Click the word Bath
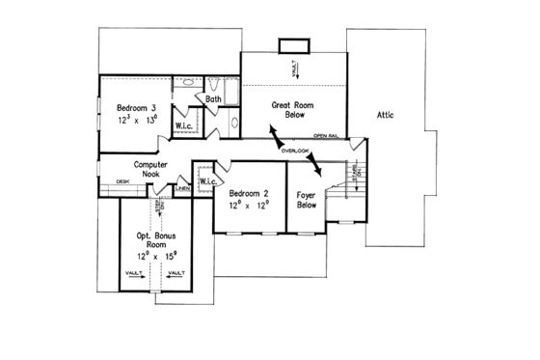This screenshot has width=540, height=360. pyautogui.click(x=214, y=98)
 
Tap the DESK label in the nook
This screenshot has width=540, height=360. pyautogui.click(x=123, y=180)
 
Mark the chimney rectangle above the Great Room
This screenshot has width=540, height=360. pyautogui.click(x=289, y=45)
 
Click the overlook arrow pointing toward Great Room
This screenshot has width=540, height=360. pyautogui.click(x=275, y=134)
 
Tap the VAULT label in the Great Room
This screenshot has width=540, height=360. pyautogui.click(x=298, y=69)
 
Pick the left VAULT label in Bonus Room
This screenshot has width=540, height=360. pyautogui.click(x=135, y=274)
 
